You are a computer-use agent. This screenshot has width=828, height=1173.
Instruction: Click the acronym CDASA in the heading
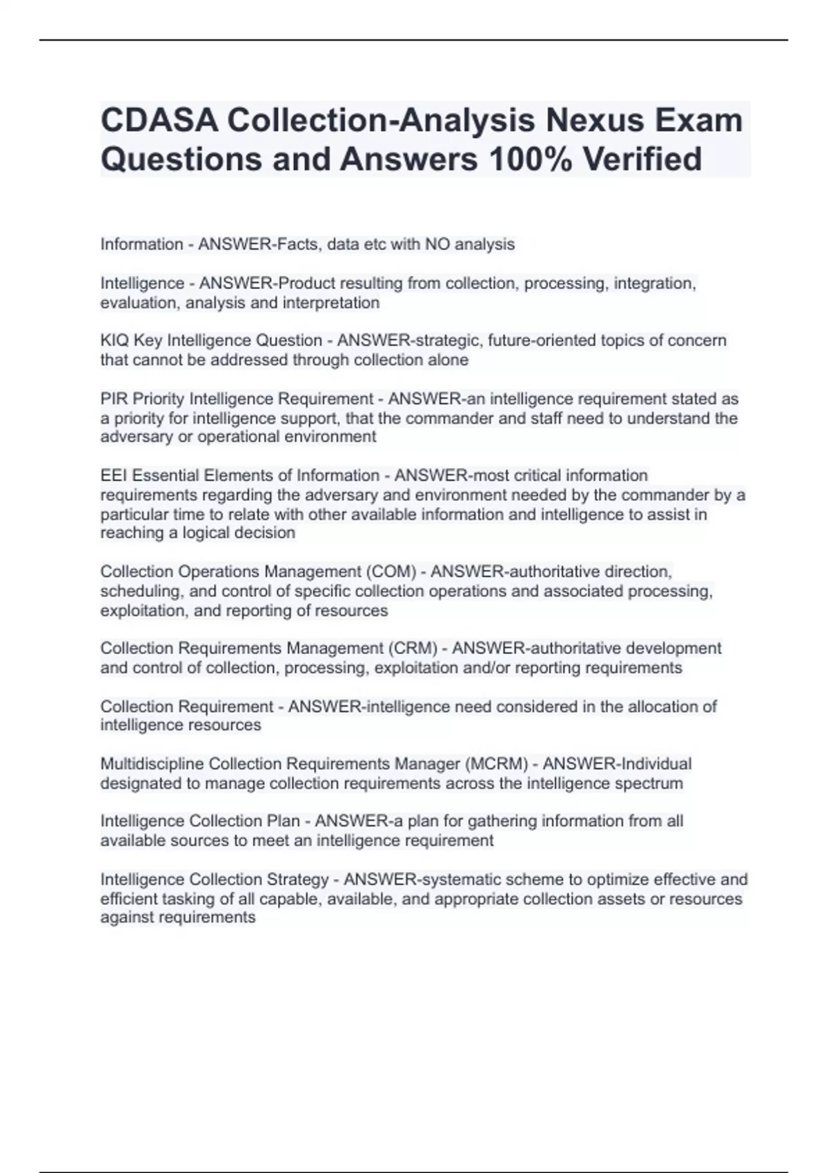tap(159, 120)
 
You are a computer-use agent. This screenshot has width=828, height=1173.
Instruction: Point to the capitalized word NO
tap(437, 244)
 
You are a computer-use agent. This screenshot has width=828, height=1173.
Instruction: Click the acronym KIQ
tap(115, 341)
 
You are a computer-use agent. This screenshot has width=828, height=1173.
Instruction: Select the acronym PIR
tap(114, 399)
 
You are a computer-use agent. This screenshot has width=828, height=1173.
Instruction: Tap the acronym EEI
tap(114, 476)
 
